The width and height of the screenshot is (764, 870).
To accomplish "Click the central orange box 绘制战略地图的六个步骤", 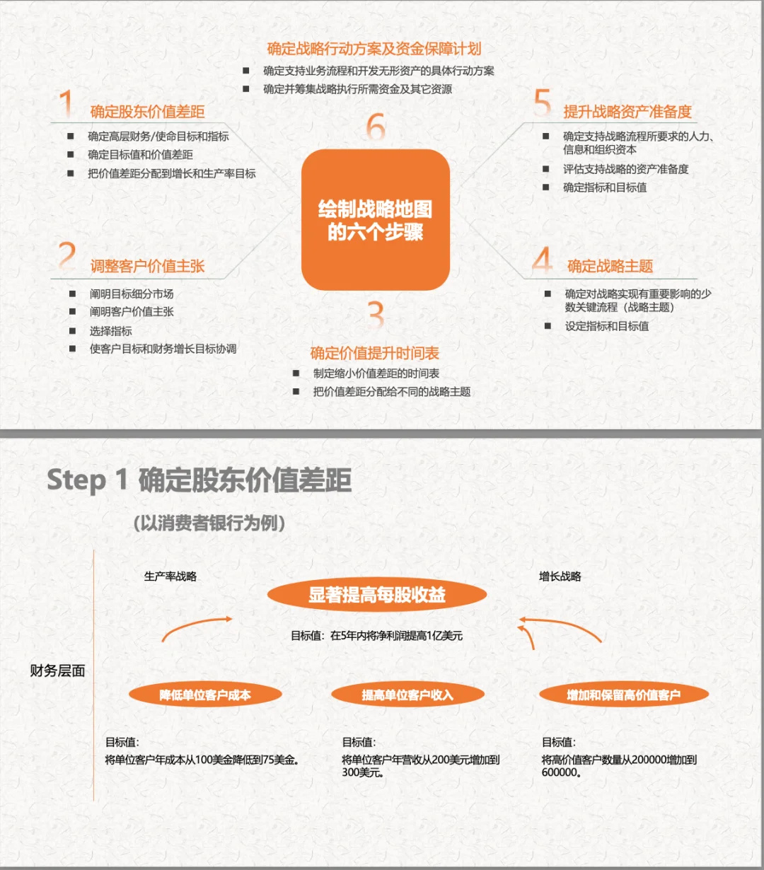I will click(x=376, y=220).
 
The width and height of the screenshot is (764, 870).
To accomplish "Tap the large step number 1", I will click(x=66, y=104).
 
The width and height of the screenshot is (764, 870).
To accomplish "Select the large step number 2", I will click(x=67, y=256).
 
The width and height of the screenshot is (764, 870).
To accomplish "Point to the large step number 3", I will click(x=376, y=315).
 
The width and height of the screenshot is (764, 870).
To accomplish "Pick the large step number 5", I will click(x=543, y=103).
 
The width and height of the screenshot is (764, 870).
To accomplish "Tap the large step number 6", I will click(x=376, y=127).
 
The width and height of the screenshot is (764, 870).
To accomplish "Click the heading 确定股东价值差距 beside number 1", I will click(x=147, y=112).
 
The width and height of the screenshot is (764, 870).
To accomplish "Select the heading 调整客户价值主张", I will click(x=147, y=267).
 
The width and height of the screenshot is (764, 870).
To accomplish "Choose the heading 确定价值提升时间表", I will click(x=375, y=353).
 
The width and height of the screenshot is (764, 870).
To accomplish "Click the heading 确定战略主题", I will click(x=610, y=267).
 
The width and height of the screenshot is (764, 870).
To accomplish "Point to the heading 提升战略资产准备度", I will click(x=627, y=112).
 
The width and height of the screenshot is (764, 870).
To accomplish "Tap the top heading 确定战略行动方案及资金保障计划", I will click(x=374, y=49).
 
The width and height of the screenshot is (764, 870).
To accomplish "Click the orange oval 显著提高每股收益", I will click(x=377, y=595).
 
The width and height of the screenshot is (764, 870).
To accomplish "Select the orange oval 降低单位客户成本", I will click(x=205, y=695).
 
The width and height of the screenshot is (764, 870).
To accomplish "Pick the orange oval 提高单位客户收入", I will click(x=407, y=695).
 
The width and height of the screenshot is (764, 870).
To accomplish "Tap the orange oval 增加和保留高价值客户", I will click(x=623, y=695).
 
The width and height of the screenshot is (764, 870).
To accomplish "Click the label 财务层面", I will click(x=57, y=671).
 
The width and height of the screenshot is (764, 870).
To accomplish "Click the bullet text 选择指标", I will click(x=110, y=331).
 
